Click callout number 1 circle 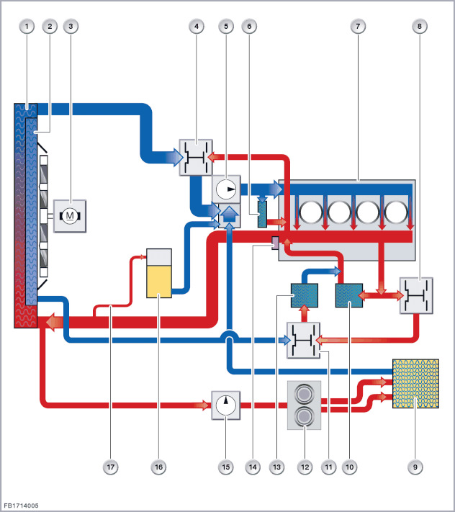[27, 26]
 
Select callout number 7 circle [356, 26]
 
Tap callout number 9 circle [414, 467]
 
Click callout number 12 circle [305, 467]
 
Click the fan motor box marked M [70, 215]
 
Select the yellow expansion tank [158, 274]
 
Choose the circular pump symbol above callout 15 [225, 405]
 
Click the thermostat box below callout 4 [194, 156]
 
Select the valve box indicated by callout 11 [302, 340]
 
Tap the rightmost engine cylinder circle [397, 213]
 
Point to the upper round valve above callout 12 [305, 395]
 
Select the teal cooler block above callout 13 [302, 295]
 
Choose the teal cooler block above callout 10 [349, 295]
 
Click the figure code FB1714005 [21, 506]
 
